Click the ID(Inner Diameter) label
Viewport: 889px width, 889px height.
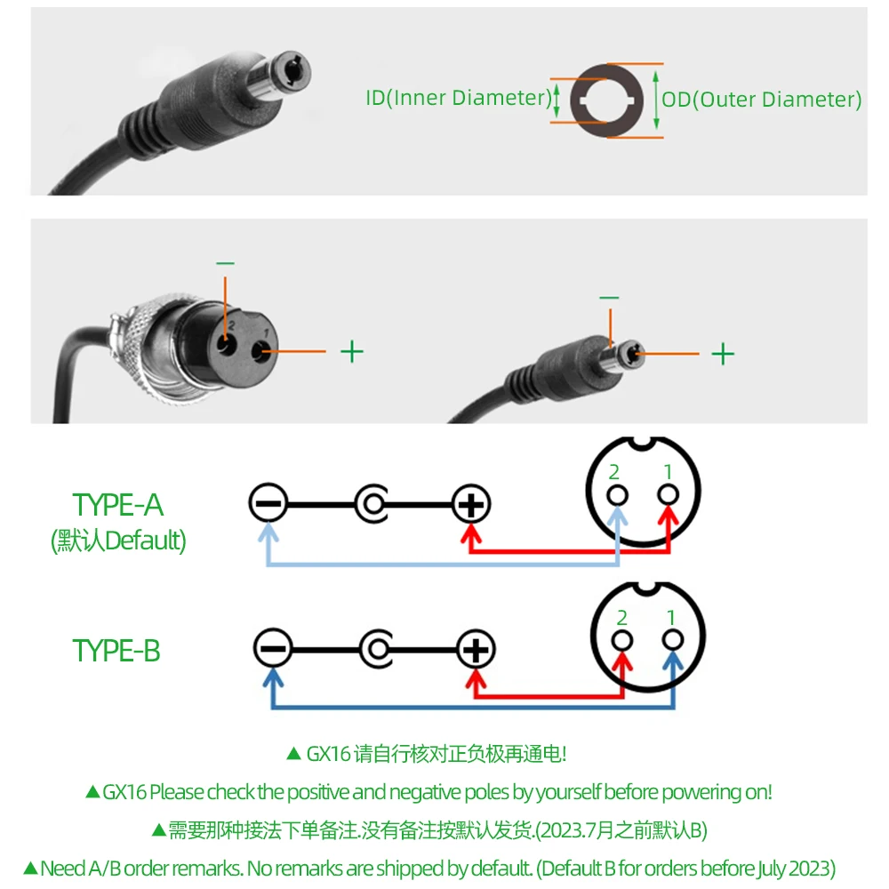click(459, 98)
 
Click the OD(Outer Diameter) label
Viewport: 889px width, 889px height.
click(762, 100)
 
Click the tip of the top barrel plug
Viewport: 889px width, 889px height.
click(293, 71)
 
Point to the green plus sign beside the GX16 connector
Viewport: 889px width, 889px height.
click(351, 351)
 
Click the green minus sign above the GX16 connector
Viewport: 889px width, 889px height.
click(225, 263)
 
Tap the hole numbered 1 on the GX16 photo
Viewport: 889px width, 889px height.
click(260, 353)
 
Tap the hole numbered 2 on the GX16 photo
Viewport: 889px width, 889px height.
click(227, 344)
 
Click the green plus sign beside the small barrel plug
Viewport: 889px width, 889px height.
click(723, 354)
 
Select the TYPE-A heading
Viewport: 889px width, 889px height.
click(118, 505)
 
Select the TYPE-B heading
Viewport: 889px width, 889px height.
click(116, 651)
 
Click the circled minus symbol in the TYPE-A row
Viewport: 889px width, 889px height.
click(268, 503)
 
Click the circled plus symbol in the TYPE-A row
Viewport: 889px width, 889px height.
click(471, 503)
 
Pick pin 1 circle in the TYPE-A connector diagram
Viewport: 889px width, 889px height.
click(668, 494)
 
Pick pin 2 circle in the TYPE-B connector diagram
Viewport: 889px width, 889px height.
click(622, 641)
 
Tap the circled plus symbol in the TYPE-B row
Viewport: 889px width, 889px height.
click(476, 649)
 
